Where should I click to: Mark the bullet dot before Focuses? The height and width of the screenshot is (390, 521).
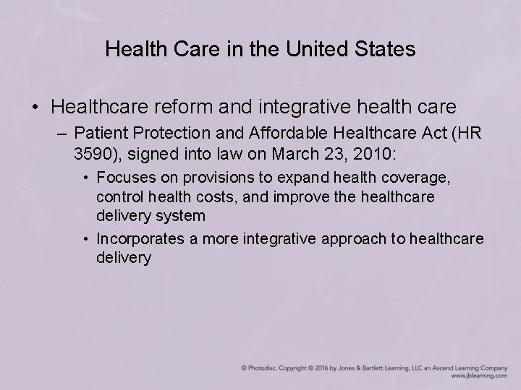point(87,178)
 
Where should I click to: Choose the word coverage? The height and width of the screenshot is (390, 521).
point(421,177)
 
